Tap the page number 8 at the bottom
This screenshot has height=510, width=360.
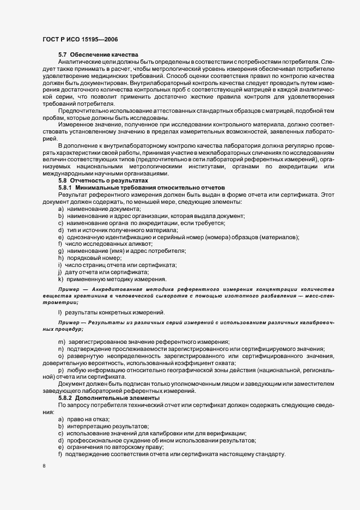point(44,466)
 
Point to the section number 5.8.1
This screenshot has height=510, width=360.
point(67,203)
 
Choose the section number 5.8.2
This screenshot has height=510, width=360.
point(67,398)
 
